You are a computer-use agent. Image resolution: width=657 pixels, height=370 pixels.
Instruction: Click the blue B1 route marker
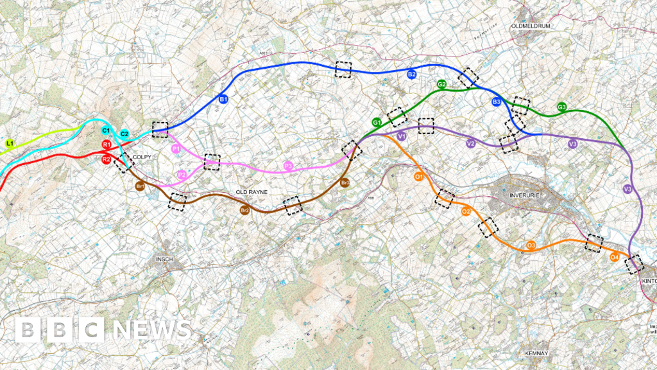[224, 100]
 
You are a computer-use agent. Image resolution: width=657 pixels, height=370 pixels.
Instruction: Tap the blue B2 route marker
[412, 75]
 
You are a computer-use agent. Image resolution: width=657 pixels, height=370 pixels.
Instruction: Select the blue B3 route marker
[497, 102]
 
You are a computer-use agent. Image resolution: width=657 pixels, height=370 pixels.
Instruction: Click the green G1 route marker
[377, 121]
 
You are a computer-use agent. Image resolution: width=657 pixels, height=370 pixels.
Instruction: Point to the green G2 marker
[441, 84]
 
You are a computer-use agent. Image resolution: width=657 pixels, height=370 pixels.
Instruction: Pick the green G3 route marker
[561, 107]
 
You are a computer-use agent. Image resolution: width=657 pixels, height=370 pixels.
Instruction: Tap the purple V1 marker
[402, 136]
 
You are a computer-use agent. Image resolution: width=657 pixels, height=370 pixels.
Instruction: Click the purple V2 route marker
[470, 144]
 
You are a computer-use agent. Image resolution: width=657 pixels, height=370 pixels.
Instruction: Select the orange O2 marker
[466, 212]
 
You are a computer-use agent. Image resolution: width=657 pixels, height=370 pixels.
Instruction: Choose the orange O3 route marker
[531, 245]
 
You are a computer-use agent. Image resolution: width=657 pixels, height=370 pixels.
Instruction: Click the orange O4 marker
[614, 257]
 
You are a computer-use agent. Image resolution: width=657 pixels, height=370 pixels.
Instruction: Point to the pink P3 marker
[288, 167]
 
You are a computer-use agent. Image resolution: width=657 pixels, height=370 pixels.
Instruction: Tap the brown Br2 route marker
[244, 210]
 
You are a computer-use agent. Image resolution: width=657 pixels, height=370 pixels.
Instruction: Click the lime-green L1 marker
[10, 143]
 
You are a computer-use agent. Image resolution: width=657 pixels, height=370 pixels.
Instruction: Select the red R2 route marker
[107, 159]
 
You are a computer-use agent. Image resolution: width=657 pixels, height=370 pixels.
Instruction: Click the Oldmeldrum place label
[531, 26]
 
